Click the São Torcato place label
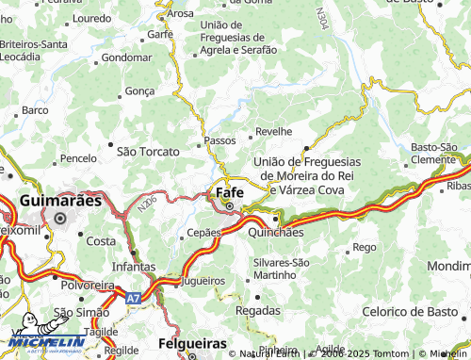(148, 150)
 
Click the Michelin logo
(45, 340)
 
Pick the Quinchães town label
(275, 232)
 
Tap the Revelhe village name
(274, 133)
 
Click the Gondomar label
(126, 57)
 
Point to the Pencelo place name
(78, 157)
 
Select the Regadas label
(257, 310)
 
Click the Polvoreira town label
(87, 284)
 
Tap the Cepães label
(203, 232)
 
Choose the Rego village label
(364, 248)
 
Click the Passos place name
(219, 141)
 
